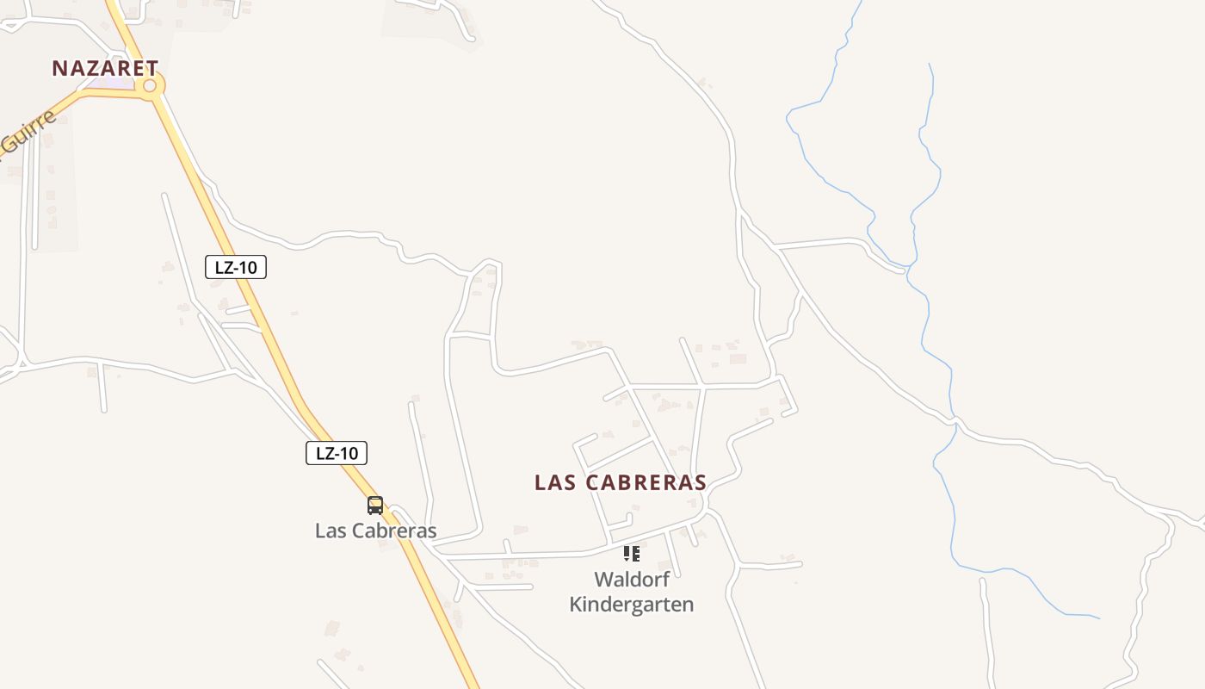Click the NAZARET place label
pos(105,68)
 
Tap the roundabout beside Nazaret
pos(150,85)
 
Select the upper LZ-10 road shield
pos(236,267)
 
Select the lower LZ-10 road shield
pos(337,453)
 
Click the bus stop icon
pos(375,506)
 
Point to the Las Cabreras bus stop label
pos(375,531)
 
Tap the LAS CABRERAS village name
pos(620,482)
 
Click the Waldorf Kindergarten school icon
pos(632,554)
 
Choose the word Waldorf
pos(632,580)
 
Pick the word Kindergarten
pos(632,605)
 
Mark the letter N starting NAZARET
pos(59,68)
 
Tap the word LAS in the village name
pos(554,482)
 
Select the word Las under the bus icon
pos(330,531)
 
